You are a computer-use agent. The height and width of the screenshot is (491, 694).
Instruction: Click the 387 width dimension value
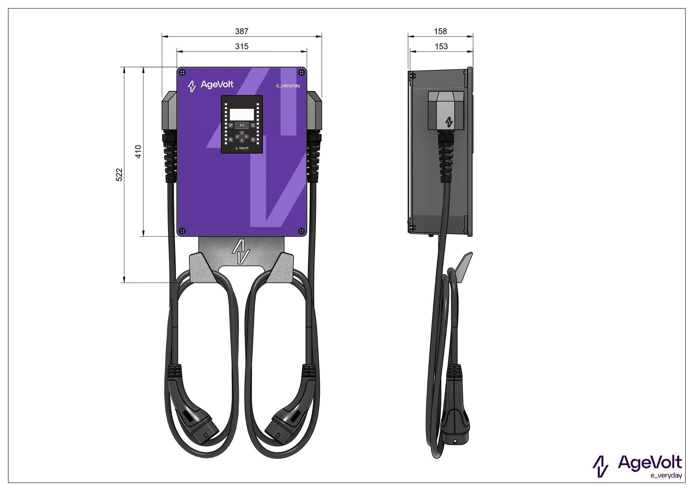pos(241,31)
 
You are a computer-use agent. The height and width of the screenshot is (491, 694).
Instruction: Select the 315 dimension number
pos(241,46)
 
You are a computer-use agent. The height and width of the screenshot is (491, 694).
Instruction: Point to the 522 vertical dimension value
pos(119,175)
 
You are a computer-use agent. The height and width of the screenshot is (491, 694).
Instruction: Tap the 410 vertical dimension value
pos(138,152)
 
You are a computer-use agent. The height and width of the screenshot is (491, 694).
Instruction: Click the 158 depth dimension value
pos(440,31)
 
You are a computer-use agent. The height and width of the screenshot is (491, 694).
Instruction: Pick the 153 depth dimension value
pos(441,46)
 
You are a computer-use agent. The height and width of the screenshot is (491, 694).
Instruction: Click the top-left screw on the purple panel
pos(182,73)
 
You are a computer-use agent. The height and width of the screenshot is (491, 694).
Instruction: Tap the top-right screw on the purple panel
pos(301,73)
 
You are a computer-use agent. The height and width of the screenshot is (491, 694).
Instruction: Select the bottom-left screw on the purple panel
pos(182,231)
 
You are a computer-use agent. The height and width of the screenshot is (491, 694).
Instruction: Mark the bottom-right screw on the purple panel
pos(301,231)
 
